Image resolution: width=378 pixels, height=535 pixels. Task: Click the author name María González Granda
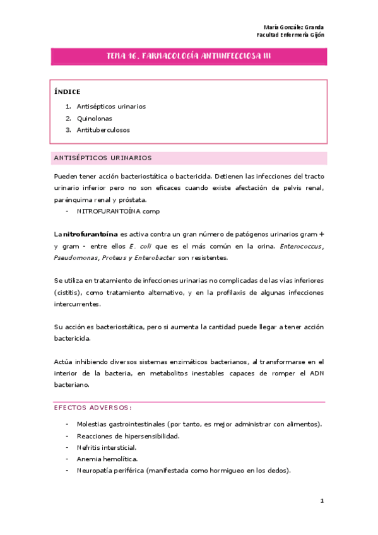coord(293,27)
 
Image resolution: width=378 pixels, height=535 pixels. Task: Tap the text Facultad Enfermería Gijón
coord(291,35)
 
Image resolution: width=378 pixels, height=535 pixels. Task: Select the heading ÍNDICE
coord(68,91)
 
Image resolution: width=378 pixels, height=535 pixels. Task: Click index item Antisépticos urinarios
coord(111,107)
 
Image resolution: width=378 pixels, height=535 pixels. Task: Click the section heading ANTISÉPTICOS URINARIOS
coord(103,158)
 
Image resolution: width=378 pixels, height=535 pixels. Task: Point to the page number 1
coord(322,502)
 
